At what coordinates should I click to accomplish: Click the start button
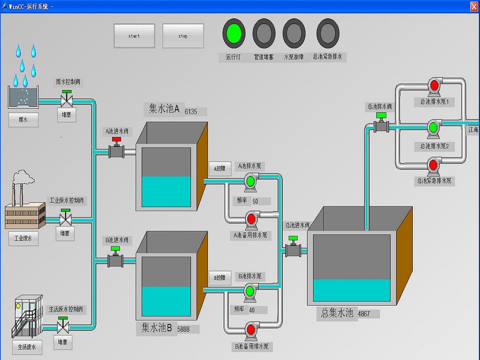click(134, 36)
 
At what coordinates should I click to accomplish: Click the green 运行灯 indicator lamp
click(234, 34)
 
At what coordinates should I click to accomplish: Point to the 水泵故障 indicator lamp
click(294, 34)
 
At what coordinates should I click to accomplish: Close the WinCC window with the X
click(474, 6)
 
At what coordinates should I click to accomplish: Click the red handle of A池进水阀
click(116, 139)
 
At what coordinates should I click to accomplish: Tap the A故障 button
click(220, 168)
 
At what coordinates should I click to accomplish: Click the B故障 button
click(220, 278)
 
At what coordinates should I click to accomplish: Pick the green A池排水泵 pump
click(250, 182)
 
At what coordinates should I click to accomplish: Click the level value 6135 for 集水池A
click(191, 112)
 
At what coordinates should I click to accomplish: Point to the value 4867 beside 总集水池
click(364, 314)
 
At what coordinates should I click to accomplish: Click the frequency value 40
click(252, 310)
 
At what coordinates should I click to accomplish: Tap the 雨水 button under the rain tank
click(23, 120)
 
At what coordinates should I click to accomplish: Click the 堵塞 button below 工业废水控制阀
click(65, 234)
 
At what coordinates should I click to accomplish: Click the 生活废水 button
click(27, 347)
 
